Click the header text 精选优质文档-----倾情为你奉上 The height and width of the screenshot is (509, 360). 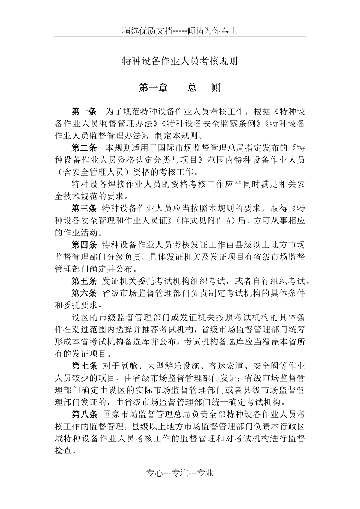pyautogui.click(x=180, y=31)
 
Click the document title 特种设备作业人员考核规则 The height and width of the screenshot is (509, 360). pyautogui.click(x=180, y=61)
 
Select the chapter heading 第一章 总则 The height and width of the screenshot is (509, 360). pyautogui.click(x=180, y=88)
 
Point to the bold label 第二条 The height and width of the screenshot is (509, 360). pyautogui.click(x=84, y=148)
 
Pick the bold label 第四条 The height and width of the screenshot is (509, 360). pyautogui.click(x=84, y=245)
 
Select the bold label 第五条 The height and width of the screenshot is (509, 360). pyautogui.click(x=84, y=281)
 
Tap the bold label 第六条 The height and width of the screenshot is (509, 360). pyautogui.click(x=84, y=293)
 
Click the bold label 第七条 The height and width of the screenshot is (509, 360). pyautogui.click(x=84, y=366)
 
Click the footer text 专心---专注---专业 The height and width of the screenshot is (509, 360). pyautogui.click(x=180, y=473)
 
